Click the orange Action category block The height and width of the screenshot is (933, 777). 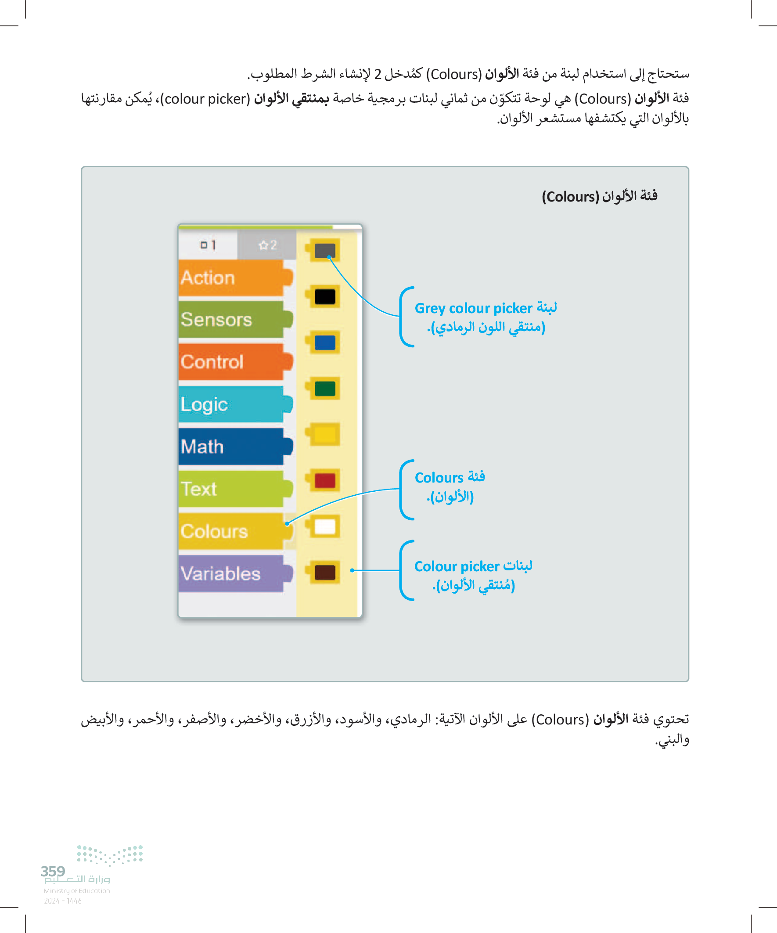click(x=231, y=277)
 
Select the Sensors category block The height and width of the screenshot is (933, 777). click(x=231, y=320)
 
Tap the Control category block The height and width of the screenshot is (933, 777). click(x=231, y=362)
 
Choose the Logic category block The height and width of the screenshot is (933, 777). click(x=231, y=404)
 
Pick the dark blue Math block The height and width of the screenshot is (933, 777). click(x=231, y=447)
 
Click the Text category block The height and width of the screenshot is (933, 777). click(x=231, y=489)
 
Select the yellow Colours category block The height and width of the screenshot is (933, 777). click(x=231, y=531)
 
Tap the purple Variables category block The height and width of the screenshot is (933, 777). click(x=231, y=573)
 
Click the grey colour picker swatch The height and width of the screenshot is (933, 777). click(x=325, y=251)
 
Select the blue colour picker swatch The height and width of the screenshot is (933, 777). click(x=325, y=342)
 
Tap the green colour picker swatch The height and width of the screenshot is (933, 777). click(x=325, y=389)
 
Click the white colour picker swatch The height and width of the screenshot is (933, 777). click(x=325, y=527)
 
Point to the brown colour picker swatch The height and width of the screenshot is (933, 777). click(x=325, y=573)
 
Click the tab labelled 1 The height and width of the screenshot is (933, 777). click(x=208, y=245)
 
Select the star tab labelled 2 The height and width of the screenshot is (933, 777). click(x=267, y=245)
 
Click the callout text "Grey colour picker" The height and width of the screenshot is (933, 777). click(x=473, y=308)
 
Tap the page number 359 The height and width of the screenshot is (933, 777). click(x=53, y=871)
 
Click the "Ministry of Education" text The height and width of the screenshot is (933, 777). click(x=77, y=891)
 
